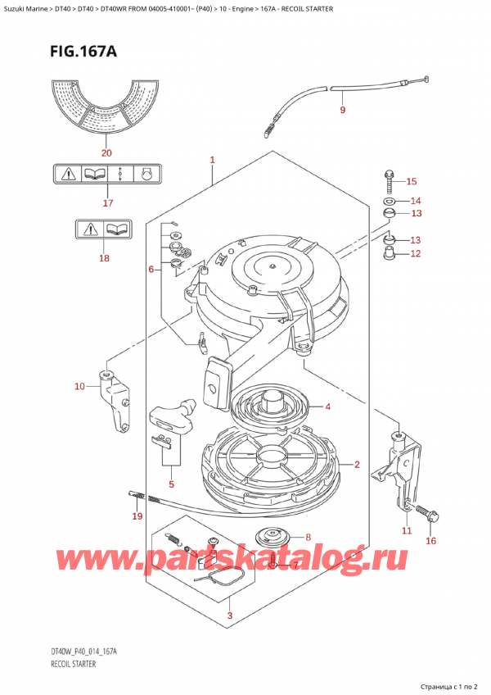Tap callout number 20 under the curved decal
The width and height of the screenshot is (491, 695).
(106, 152)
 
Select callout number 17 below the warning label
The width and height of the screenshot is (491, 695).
(106, 202)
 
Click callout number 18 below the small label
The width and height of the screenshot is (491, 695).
(103, 257)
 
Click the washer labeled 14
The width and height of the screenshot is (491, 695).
(389, 201)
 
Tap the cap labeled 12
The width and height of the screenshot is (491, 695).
(391, 252)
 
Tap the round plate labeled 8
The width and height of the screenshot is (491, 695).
(271, 538)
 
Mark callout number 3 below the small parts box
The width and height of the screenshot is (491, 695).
(230, 616)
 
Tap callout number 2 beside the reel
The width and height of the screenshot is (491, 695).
(358, 465)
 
